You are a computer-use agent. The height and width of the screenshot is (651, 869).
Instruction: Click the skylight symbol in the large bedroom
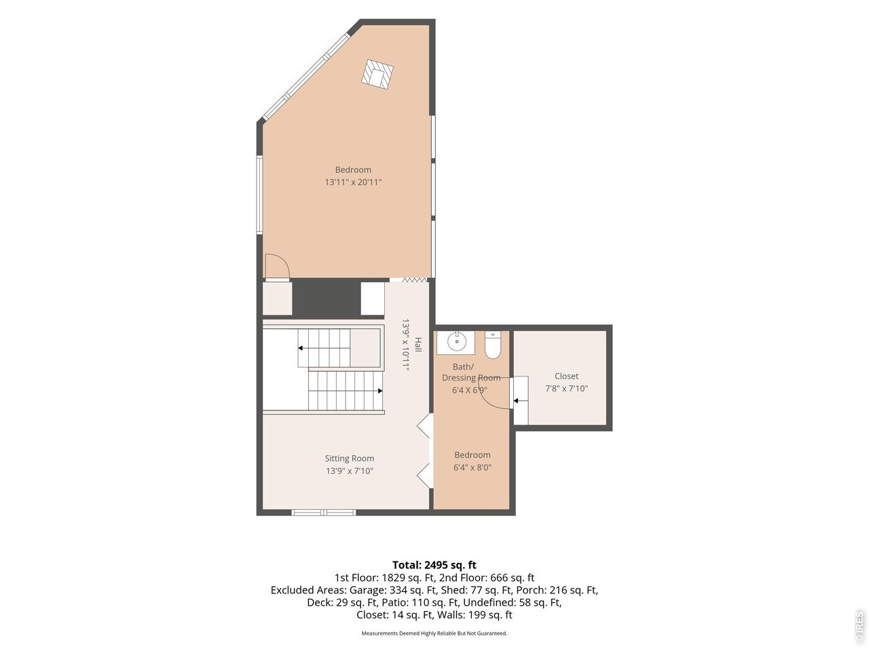[377, 75]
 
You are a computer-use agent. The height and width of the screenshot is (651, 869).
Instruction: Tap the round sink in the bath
[456, 341]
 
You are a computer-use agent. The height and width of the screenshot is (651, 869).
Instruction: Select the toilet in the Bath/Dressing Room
[493, 345]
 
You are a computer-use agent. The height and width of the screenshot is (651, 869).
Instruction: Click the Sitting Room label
[349, 458]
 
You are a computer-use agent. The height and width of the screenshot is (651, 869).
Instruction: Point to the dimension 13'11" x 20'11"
[353, 182]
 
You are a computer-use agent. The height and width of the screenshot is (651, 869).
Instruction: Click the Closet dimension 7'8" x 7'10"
[566, 389]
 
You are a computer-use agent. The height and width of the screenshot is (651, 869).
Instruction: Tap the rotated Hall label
[418, 344]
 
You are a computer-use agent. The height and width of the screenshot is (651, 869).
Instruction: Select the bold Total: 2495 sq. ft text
[434, 565]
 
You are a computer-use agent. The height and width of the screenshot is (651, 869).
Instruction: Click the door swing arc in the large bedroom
[281, 262]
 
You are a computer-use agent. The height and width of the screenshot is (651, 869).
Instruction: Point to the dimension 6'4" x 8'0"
[473, 468]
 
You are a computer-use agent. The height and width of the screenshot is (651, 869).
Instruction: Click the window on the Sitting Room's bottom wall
[324, 513]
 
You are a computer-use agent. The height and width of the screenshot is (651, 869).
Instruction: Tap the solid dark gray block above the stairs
[327, 297]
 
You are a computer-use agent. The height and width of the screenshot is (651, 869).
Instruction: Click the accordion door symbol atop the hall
[415, 280]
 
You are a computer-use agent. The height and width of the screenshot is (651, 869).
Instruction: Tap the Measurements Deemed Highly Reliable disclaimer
[434, 633]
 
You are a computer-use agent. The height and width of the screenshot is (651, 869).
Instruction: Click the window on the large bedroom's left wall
[260, 195]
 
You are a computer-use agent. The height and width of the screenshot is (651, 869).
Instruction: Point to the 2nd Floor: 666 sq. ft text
[487, 578]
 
